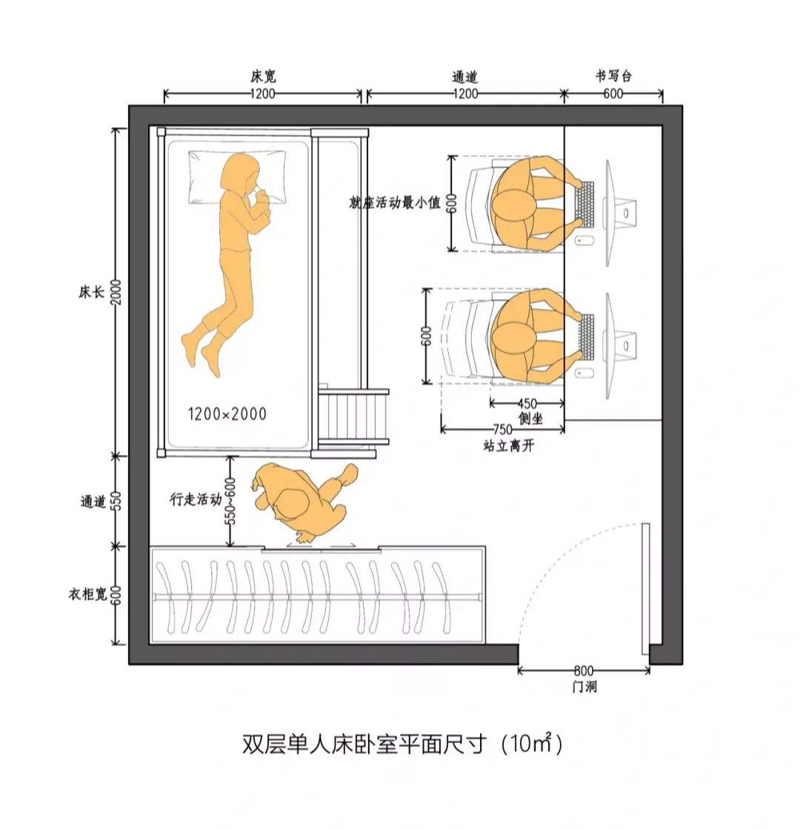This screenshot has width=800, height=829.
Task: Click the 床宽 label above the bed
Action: (264, 76)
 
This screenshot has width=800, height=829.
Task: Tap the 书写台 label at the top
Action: (613, 76)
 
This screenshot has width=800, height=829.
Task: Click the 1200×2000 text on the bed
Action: (227, 413)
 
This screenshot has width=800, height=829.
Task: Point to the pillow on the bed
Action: (236, 178)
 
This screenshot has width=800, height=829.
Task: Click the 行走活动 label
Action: (196, 500)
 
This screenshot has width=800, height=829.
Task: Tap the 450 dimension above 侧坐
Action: (527, 404)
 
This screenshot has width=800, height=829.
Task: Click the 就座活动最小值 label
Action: (395, 202)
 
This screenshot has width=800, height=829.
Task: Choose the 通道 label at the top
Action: (465, 76)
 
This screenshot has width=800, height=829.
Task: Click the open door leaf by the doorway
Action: (645, 589)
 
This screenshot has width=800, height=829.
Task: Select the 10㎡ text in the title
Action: (530, 743)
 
